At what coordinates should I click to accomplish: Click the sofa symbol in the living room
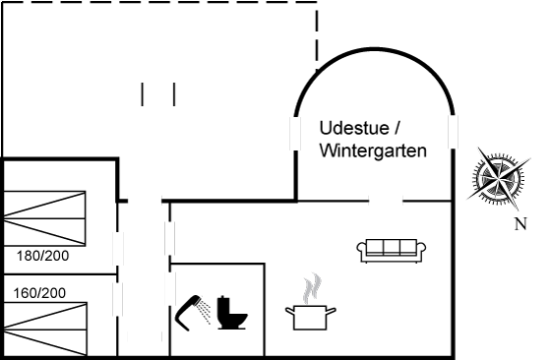point(392,251)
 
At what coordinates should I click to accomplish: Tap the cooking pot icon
point(310,317)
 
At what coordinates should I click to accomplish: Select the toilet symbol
point(232,313)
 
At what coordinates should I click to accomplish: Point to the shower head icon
point(188,313)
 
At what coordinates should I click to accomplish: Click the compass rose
point(499,178)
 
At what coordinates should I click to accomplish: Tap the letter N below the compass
point(520,223)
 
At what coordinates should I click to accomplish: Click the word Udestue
point(354,128)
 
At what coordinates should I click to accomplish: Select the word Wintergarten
point(373,151)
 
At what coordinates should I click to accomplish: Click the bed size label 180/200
point(43,256)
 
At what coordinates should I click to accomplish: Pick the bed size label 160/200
point(39,293)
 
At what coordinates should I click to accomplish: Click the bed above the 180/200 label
point(44,218)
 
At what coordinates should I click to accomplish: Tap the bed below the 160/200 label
point(45,330)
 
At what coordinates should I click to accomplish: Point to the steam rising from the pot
point(312,288)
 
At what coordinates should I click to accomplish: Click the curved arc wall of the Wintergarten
point(375,49)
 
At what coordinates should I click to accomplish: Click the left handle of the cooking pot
point(290,311)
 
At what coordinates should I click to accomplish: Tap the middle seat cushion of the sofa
point(392,247)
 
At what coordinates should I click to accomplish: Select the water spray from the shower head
point(204,311)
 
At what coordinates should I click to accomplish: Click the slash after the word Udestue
point(398,128)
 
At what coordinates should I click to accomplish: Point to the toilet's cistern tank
point(224,305)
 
